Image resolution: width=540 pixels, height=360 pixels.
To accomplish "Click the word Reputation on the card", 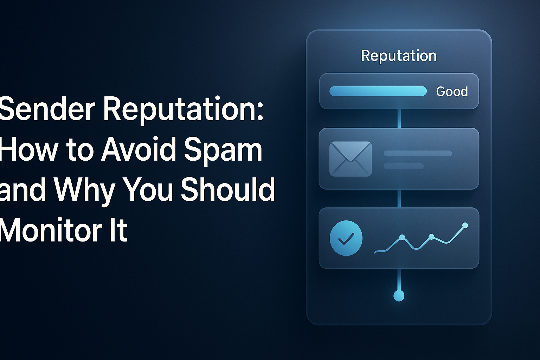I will point(399,56).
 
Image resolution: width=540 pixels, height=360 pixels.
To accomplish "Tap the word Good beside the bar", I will point(452,91).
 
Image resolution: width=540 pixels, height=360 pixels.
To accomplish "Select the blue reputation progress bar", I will point(378,91).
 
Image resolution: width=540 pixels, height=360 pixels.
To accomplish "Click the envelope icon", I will point(351,159).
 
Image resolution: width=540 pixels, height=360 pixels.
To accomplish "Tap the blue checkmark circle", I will point(346,238).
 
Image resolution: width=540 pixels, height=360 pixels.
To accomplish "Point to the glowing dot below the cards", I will point(399,296).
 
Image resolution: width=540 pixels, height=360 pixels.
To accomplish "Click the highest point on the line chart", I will point(465,225).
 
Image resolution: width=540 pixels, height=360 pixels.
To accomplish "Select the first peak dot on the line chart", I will point(402,237).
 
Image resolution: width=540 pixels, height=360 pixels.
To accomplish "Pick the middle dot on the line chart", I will point(432,237).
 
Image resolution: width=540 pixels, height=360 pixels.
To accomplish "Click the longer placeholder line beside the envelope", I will point(417,153).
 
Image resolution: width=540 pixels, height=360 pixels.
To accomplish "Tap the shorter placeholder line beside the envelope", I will point(403,166).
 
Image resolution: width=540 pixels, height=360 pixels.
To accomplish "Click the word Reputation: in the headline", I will point(183,110).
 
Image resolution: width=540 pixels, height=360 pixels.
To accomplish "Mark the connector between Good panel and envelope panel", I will point(399,118).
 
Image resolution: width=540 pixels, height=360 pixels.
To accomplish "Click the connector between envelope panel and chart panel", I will point(399,199).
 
